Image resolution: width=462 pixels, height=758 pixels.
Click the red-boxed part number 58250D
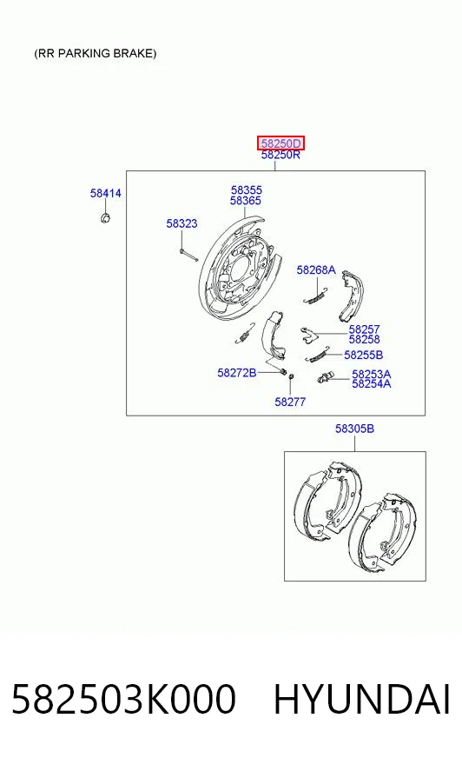(x=280, y=143)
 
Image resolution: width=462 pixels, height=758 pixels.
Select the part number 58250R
(x=280, y=155)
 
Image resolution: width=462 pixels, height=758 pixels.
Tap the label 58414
(x=105, y=193)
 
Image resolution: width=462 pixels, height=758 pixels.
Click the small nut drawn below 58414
(x=105, y=217)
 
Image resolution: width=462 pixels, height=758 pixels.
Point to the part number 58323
(x=181, y=223)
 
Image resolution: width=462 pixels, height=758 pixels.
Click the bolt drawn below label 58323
(x=188, y=255)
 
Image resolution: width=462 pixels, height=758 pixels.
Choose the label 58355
(x=247, y=190)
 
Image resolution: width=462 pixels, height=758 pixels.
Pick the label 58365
(x=246, y=200)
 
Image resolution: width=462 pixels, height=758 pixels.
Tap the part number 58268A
(x=316, y=269)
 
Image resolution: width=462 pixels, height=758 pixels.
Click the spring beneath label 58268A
(x=316, y=296)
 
